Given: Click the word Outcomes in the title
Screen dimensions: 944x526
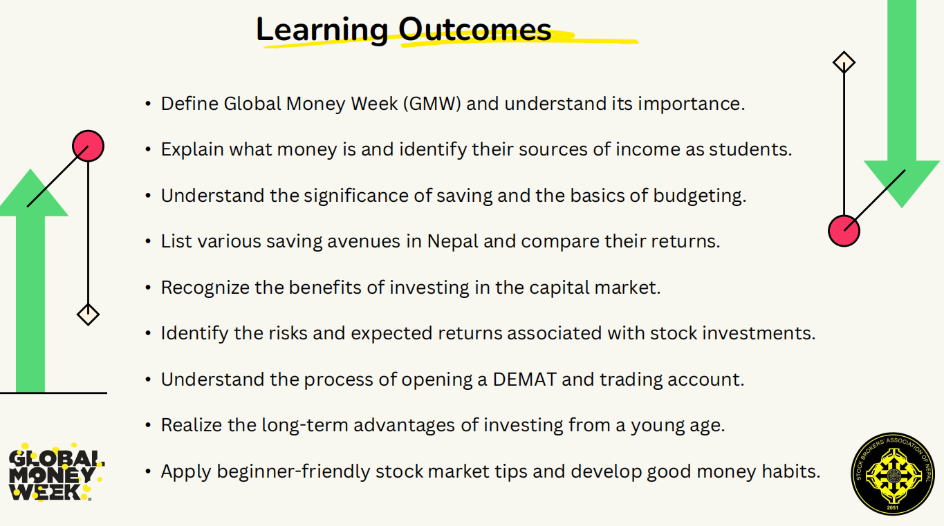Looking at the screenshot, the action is pos(475,30).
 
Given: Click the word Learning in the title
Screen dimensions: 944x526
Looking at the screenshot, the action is pos(322,30).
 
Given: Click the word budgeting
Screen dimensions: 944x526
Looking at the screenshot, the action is pos(700,196).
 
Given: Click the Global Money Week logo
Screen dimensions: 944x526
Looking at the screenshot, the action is pos(56,473).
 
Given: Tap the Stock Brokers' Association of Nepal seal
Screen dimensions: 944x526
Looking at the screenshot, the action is pos(893,473).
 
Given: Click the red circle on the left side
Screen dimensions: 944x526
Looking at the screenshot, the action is pos(88,146).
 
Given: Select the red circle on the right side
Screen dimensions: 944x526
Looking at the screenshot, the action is pos(844,231).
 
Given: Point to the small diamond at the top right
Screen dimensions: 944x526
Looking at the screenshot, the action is pos(844,63).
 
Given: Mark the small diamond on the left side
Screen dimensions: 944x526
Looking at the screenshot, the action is pos(88,314).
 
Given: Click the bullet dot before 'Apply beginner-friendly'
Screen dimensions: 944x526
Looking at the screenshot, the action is pos(148,471).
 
